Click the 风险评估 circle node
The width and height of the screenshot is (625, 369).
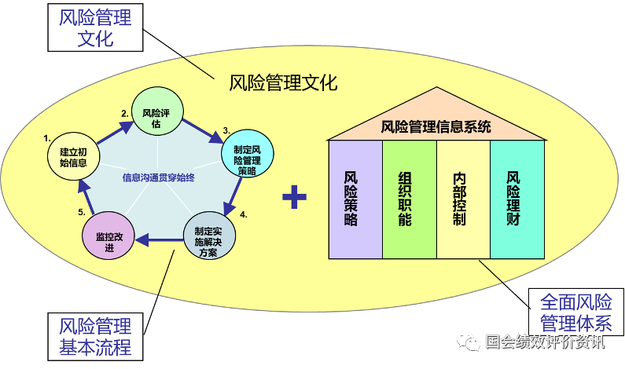[157, 111]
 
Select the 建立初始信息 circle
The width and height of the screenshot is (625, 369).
[73, 156]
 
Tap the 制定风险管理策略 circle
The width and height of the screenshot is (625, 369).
[248, 153]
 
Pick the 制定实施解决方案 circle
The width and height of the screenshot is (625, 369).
[209, 236]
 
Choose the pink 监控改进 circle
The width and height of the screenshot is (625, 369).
[108, 236]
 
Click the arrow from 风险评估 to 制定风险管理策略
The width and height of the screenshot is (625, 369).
[203, 130]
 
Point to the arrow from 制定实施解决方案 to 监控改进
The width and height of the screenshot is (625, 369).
[159, 239]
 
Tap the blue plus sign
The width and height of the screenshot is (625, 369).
[294, 196]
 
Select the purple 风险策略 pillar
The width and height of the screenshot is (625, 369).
[355, 199]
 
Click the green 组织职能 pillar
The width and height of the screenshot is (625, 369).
[410, 199]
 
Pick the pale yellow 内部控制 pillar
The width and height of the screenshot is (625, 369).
[463, 199]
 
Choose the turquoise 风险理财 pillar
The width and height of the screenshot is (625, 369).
[517, 199]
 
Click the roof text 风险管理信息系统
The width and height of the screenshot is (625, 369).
[436, 127]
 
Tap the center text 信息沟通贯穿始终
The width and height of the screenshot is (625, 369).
[159, 177]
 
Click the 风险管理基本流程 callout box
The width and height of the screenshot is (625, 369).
[95, 337]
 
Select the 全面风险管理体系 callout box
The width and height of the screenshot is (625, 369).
[576, 312]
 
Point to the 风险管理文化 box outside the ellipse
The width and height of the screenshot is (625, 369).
[95, 27]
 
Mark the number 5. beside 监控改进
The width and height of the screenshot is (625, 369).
[82, 212]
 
